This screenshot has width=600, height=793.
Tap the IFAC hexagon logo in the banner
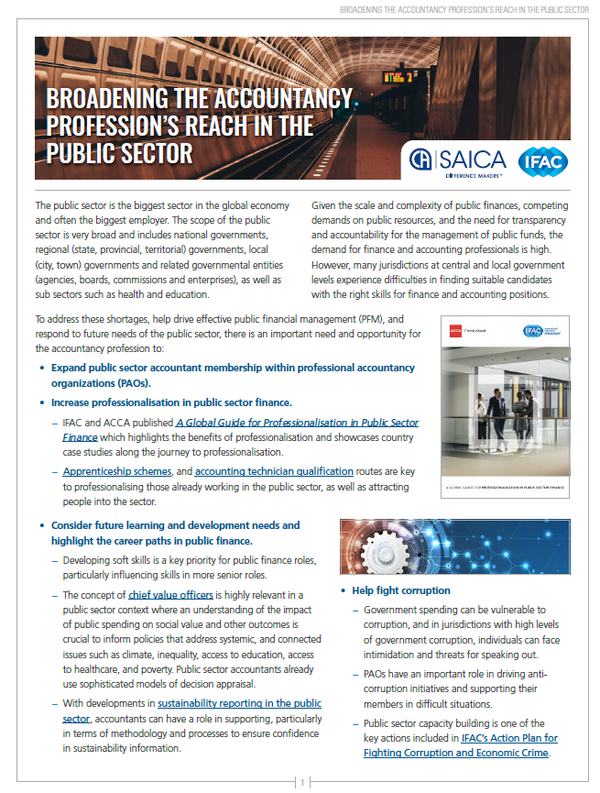(542, 161)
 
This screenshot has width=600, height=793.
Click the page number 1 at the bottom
(301, 782)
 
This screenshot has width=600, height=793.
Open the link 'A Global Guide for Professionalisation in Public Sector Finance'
(298, 423)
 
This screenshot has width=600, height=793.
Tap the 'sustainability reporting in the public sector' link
(239, 703)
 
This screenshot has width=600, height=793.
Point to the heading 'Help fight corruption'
(401, 590)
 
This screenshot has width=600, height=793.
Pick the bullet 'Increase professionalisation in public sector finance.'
(171, 402)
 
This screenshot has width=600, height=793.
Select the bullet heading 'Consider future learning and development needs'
(175, 525)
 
